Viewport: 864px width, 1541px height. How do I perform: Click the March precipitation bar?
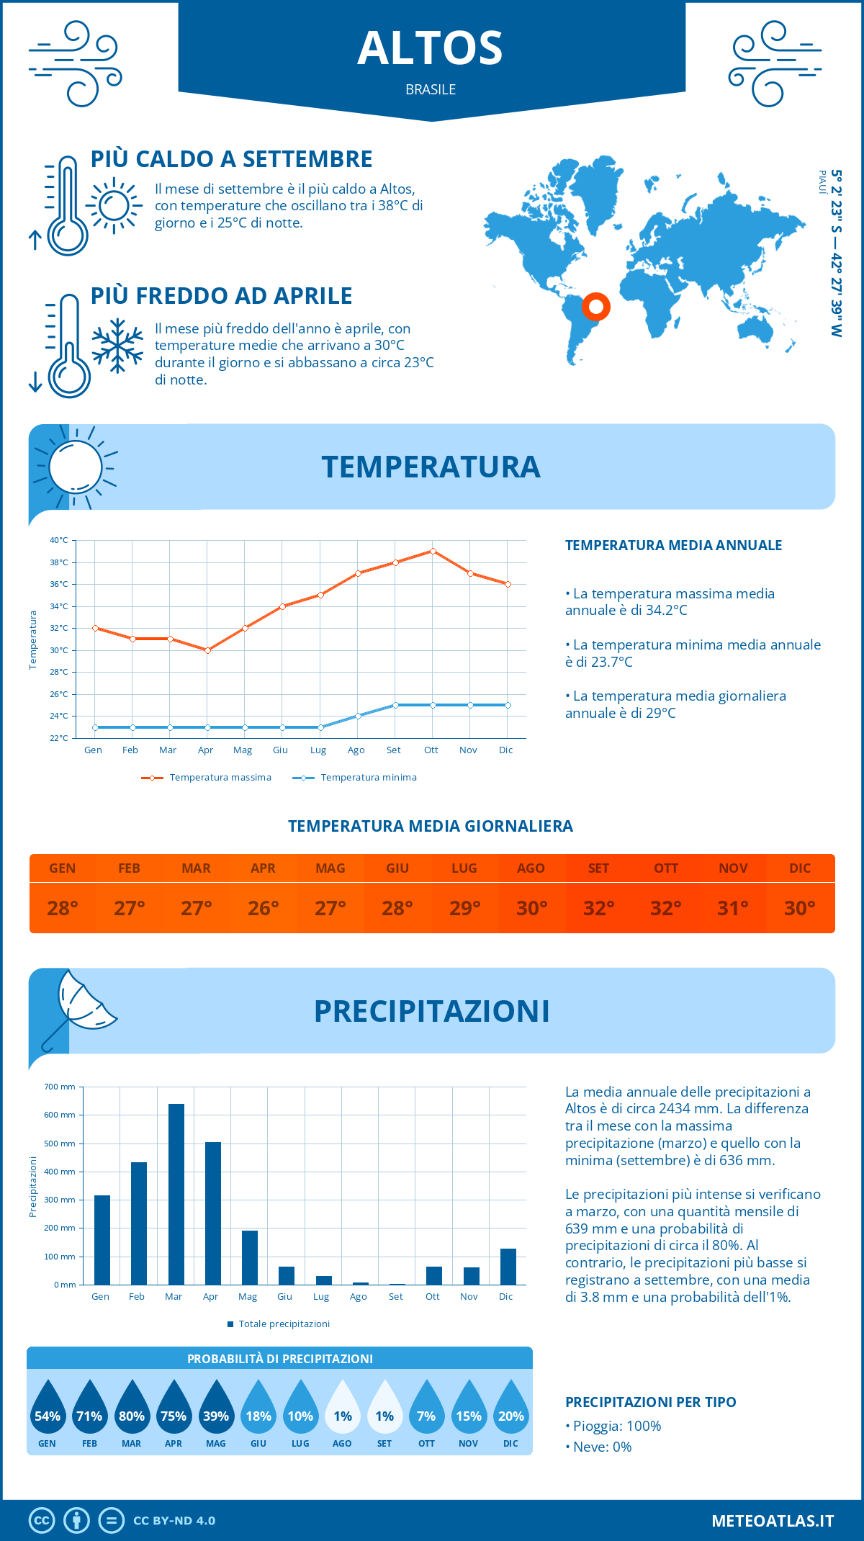(x=176, y=1194)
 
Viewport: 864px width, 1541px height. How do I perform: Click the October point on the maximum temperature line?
(x=433, y=552)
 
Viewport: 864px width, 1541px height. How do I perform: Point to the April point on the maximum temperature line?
(x=207, y=650)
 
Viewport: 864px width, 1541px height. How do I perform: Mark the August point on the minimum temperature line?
(x=358, y=716)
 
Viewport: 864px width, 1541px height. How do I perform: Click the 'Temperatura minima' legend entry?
(x=354, y=778)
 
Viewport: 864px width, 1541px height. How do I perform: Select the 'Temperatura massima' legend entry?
(x=207, y=778)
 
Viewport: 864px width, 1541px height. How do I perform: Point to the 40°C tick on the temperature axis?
(x=59, y=540)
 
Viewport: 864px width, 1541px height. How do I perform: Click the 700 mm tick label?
(x=60, y=1087)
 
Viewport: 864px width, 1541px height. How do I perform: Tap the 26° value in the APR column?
(x=264, y=908)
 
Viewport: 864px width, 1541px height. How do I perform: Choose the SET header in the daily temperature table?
(x=598, y=868)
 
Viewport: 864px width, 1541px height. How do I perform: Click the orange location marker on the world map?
(x=596, y=307)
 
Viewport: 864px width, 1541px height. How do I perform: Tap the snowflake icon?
(x=117, y=346)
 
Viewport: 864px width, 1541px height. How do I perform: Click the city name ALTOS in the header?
(x=431, y=48)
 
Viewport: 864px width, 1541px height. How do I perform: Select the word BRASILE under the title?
(x=431, y=89)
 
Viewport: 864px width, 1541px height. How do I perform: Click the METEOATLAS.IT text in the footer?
(x=773, y=1521)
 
